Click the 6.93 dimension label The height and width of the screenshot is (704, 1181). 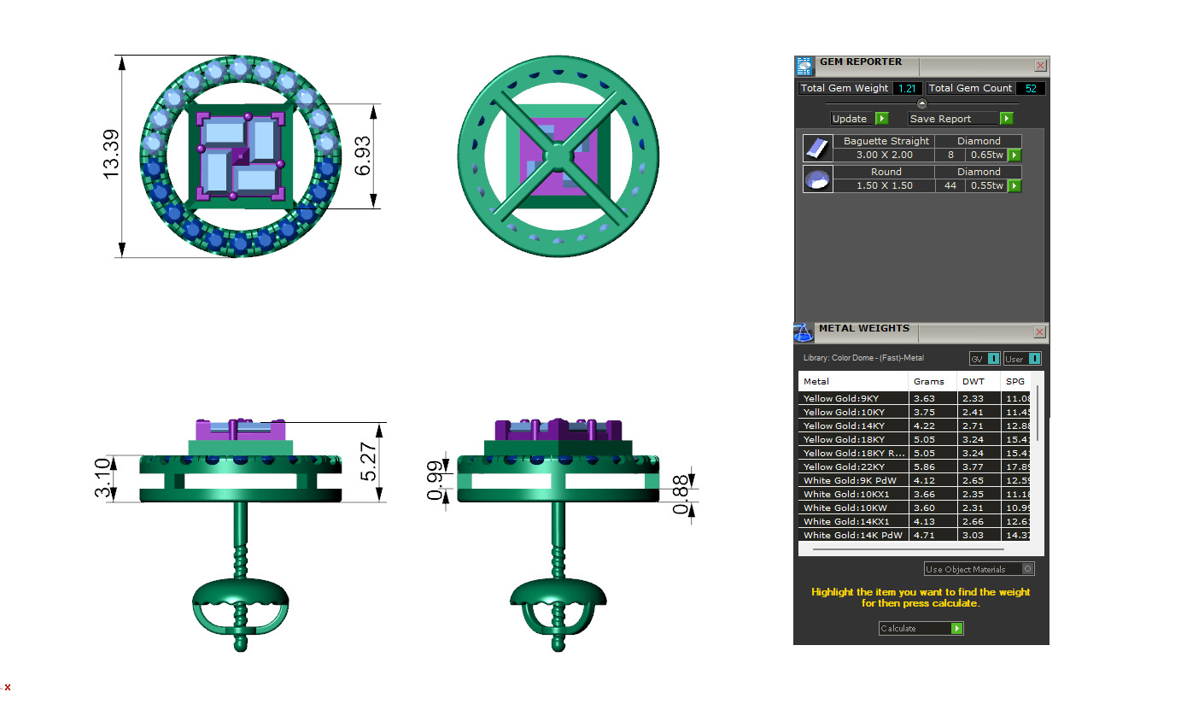pyautogui.click(x=363, y=156)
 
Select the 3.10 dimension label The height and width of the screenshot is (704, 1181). pyautogui.click(x=101, y=478)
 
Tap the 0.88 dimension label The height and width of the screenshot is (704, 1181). pyautogui.click(x=681, y=496)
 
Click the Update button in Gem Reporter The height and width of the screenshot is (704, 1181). pyautogui.click(x=859, y=119)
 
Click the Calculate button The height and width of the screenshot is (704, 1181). pyautogui.click(x=921, y=628)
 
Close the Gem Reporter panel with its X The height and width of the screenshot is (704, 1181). pyautogui.click(x=1040, y=65)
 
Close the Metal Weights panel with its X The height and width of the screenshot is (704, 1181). pyautogui.click(x=1039, y=331)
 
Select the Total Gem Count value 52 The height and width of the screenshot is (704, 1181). pyautogui.click(x=1031, y=88)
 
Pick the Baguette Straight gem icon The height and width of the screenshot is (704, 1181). pyautogui.click(x=817, y=148)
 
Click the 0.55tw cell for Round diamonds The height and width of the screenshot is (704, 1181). pyautogui.click(x=985, y=185)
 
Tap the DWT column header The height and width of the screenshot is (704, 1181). pyautogui.click(x=973, y=381)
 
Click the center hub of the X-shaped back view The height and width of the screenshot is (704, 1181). pyautogui.click(x=557, y=156)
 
